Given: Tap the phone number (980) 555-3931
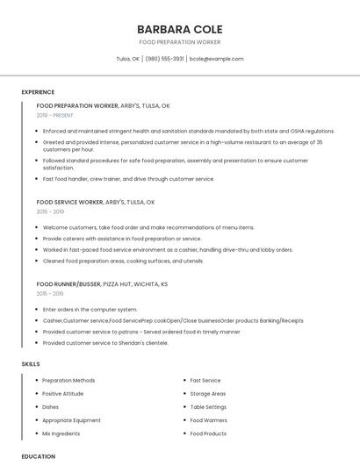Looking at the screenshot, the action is (164, 59).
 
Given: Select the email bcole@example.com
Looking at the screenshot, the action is (217, 59).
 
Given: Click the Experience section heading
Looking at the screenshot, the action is (38, 92).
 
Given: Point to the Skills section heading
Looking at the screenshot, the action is (31, 363).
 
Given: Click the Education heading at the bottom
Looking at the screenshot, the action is (38, 456).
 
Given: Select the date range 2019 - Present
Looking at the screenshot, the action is (54, 115).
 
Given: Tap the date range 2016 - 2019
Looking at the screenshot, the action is (50, 211).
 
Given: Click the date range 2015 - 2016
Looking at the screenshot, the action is (50, 294).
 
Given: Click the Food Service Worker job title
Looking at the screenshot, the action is (70, 202).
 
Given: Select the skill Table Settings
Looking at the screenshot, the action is (208, 407).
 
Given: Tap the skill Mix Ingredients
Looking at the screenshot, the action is (61, 433).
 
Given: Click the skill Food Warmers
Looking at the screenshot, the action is (209, 420).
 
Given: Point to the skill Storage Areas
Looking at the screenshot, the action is (208, 394).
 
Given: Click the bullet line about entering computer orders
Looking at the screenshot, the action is (90, 310).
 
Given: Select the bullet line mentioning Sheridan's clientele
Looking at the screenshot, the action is (105, 343).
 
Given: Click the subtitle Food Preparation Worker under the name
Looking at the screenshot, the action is (179, 41).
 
